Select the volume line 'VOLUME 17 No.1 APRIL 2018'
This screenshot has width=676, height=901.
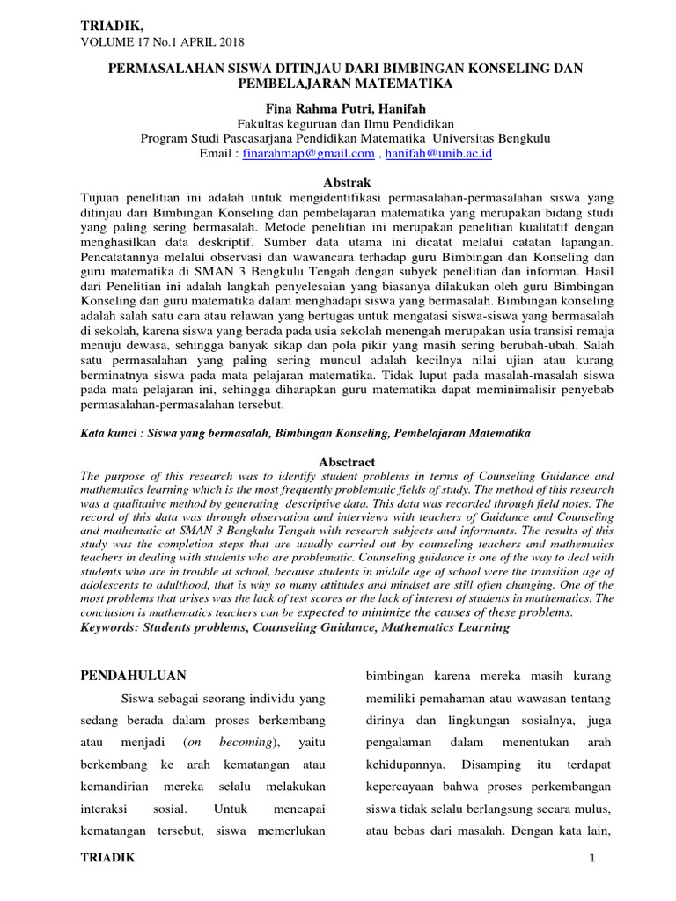[163, 41]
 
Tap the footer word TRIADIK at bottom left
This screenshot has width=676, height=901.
[108, 858]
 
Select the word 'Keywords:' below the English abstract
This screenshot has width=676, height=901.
[112, 626]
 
